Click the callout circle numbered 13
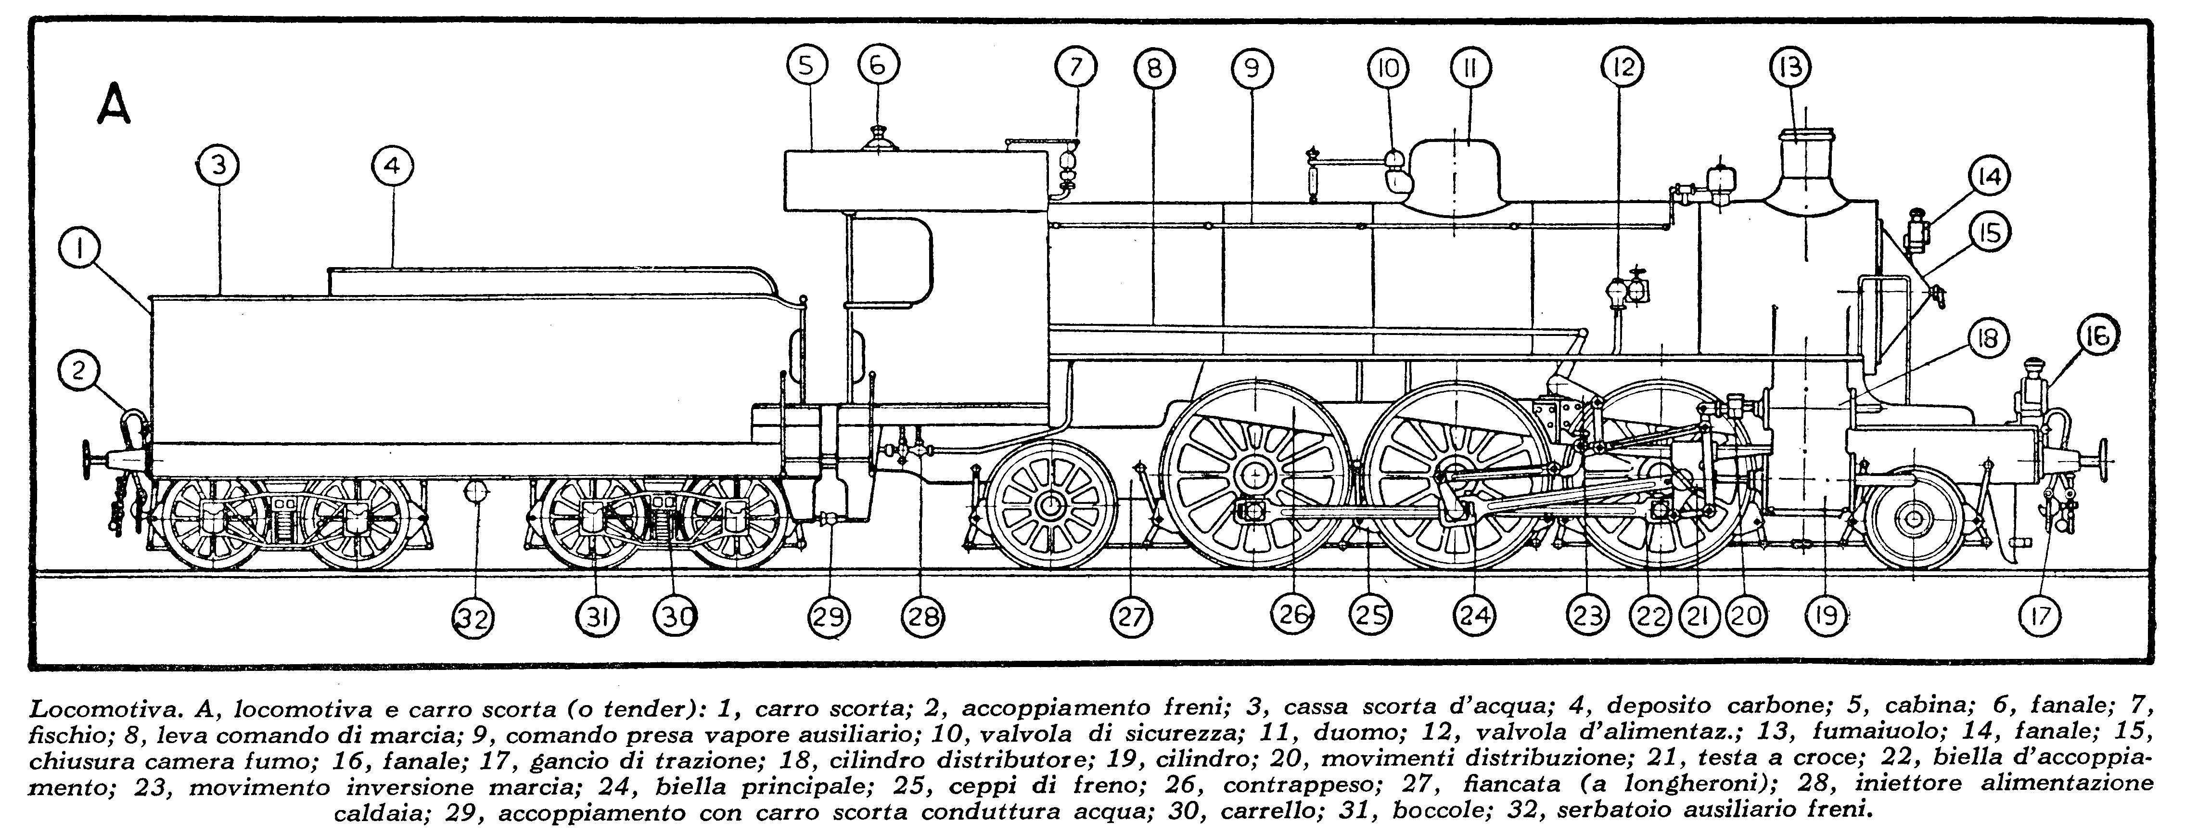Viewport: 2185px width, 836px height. [1790, 67]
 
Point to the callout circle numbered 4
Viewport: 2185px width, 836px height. [392, 167]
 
